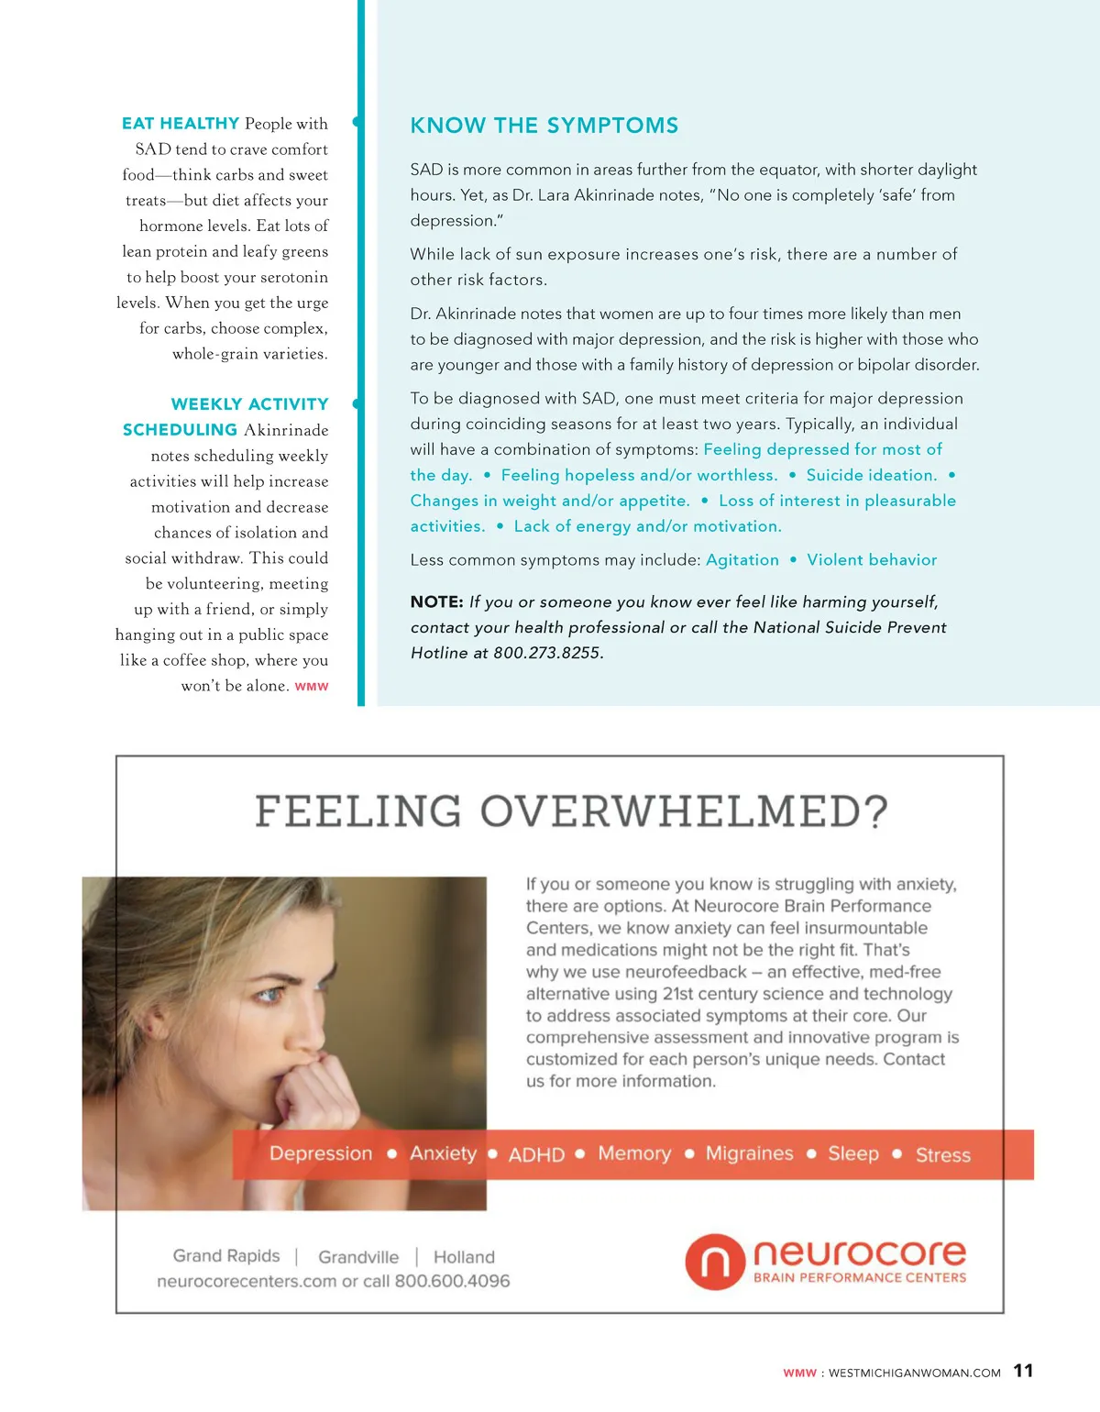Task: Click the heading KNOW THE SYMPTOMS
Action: [x=544, y=126]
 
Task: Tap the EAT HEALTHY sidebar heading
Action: [x=181, y=124]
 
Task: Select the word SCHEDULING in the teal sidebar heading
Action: [x=180, y=430]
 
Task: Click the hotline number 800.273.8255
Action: [x=547, y=654]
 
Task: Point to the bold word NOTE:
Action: [x=436, y=602]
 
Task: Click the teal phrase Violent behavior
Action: [x=872, y=560]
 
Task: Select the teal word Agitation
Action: [x=742, y=560]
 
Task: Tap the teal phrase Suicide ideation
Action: [x=871, y=475]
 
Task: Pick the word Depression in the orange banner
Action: [x=321, y=1153]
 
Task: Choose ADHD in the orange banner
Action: [x=536, y=1155]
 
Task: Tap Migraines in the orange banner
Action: [x=749, y=1153]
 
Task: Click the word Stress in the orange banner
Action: [x=942, y=1155]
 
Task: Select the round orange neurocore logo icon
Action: [x=714, y=1262]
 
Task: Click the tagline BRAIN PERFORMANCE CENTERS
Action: [x=859, y=1278]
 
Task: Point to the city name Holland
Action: [x=464, y=1257]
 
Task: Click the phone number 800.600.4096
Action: [x=452, y=1282]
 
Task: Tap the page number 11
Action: [x=1023, y=1371]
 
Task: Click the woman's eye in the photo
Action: [x=269, y=995]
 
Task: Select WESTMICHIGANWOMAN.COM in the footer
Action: [x=914, y=1373]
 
